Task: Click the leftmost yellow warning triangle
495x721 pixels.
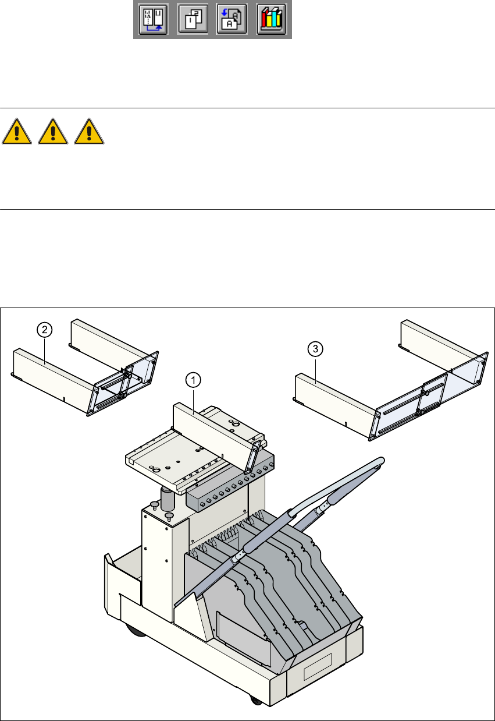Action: pos(16,132)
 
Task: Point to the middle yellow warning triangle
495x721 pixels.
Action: pos(53,132)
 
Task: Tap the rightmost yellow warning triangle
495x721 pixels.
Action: pos(90,132)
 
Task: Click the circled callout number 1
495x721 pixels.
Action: pos(193,380)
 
